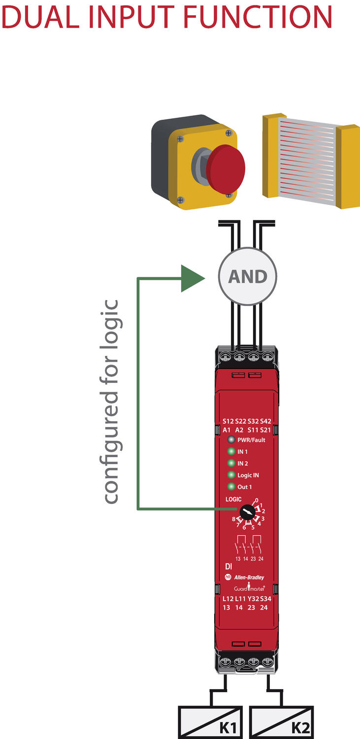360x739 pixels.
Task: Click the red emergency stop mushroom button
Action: [226, 168]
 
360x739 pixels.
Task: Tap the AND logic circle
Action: [247, 276]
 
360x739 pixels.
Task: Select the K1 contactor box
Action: [210, 722]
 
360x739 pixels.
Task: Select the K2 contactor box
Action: [281, 722]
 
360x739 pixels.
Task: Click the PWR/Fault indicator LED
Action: [231, 439]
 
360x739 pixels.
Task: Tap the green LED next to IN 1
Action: [231, 451]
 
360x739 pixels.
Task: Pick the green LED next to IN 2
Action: [231, 463]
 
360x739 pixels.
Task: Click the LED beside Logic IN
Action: [231, 475]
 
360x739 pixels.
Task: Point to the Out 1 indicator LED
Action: [231, 487]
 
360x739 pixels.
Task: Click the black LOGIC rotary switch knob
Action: [247, 512]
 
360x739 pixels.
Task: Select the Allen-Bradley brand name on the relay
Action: [249, 577]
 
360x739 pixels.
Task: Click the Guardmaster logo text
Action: [249, 587]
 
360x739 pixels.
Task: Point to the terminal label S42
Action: [266, 421]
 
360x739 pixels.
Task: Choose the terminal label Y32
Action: [253, 599]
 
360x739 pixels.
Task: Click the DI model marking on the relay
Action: [229, 567]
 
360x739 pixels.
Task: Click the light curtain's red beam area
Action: [307, 161]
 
